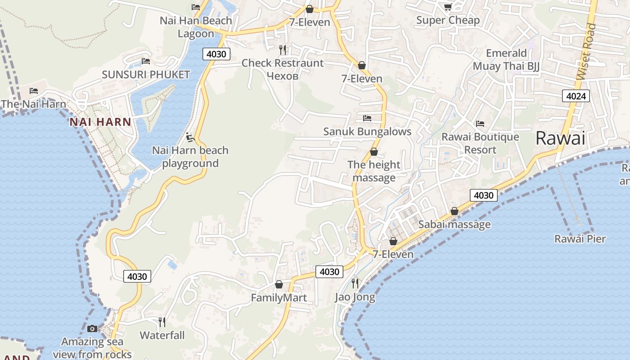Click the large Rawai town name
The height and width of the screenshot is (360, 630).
pyautogui.click(x=560, y=138)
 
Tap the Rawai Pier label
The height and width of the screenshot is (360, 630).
pyautogui.click(x=580, y=238)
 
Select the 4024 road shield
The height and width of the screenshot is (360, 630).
pyautogui.click(x=576, y=96)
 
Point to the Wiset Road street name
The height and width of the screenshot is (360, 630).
pyautogui.click(x=586, y=52)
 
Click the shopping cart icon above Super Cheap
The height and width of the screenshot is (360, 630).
pyautogui.click(x=448, y=7)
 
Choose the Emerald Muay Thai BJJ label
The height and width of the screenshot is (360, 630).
pyautogui.click(x=506, y=60)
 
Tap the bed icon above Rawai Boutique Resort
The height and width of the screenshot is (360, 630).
pyautogui.click(x=480, y=123)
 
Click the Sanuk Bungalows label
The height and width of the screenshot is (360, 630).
pyautogui.click(x=367, y=131)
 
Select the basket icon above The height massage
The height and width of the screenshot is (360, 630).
pyautogui.click(x=373, y=152)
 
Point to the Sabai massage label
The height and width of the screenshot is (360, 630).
pyautogui.click(x=454, y=224)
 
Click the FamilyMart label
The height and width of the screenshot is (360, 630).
pyautogui.click(x=279, y=297)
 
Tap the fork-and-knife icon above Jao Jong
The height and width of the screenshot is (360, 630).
pyautogui.click(x=355, y=283)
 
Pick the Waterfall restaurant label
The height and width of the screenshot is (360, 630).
pyautogui.click(x=162, y=335)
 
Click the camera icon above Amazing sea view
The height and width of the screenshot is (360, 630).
pyautogui.click(x=92, y=328)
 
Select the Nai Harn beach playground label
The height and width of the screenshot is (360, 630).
pyautogui.click(x=190, y=157)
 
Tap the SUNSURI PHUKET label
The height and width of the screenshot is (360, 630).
pyautogui.click(x=146, y=74)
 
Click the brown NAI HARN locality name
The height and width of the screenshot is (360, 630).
pyautogui.click(x=100, y=122)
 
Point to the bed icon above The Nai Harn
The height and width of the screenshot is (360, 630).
pyautogui.click(x=34, y=91)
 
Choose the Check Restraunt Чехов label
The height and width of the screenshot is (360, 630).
pyautogui.click(x=283, y=69)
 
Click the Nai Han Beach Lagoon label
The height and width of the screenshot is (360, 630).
pyautogui.click(x=196, y=27)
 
